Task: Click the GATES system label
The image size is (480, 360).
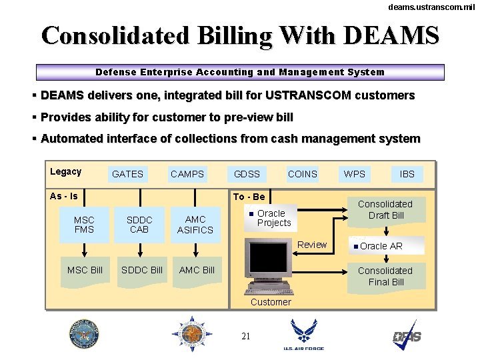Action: [127, 174]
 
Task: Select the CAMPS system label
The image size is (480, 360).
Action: [187, 174]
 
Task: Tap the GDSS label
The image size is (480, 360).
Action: [247, 174]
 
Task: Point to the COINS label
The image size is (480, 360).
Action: [303, 174]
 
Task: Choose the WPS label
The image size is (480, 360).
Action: [355, 174]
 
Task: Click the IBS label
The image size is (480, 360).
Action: [407, 174]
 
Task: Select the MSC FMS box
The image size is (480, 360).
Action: [84, 225]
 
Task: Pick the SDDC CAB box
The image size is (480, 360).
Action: [139, 225]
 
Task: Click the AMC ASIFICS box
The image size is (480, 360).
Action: [195, 225]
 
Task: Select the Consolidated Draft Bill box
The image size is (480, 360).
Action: [385, 210]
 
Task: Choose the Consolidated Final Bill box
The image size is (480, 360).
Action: [385, 277]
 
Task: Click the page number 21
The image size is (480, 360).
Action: [245, 336]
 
